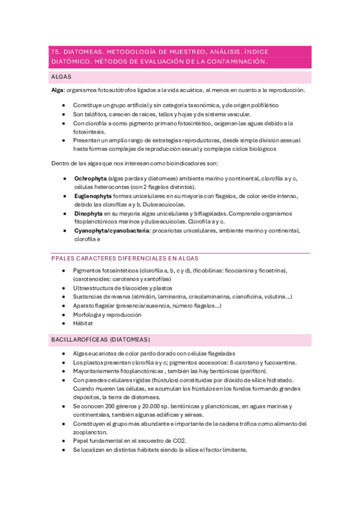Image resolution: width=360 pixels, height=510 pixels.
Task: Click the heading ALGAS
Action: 62,78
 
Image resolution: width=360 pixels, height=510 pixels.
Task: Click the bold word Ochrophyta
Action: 90,179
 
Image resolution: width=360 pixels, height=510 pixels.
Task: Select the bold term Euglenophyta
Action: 93,196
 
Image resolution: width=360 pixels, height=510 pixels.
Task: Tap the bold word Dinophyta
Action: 88,213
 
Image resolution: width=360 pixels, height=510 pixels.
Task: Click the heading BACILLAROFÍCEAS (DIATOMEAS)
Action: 101,340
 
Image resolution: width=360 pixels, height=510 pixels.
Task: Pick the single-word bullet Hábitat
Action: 82,323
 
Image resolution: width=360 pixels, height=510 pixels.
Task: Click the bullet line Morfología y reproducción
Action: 107,315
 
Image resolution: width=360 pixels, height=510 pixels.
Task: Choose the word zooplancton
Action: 91,432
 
